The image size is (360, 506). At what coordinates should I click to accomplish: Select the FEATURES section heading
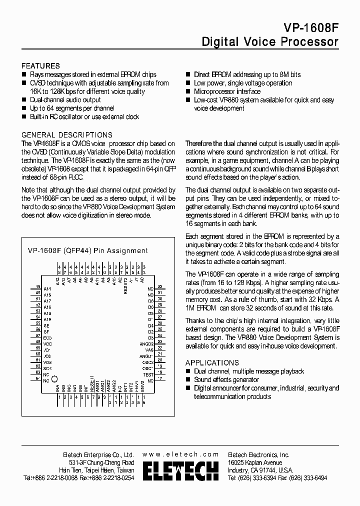[x=40, y=66]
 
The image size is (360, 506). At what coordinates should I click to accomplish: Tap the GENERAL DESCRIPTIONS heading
[x=67, y=135]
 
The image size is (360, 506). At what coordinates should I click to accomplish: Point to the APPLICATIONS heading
[x=212, y=362]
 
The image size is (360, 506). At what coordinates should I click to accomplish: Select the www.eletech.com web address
[x=180, y=454]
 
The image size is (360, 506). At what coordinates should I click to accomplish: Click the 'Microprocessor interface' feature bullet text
[x=227, y=91]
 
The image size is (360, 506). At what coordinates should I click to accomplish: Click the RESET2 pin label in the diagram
[x=125, y=286]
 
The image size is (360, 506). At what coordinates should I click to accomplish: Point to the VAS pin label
[x=149, y=350]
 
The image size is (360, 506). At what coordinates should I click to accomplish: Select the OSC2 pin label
[x=147, y=362]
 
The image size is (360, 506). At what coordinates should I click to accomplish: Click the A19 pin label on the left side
[x=47, y=319]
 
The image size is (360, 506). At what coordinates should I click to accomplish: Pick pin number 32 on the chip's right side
[x=160, y=288]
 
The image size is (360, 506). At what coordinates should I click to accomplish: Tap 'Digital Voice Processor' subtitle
[x=270, y=42]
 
